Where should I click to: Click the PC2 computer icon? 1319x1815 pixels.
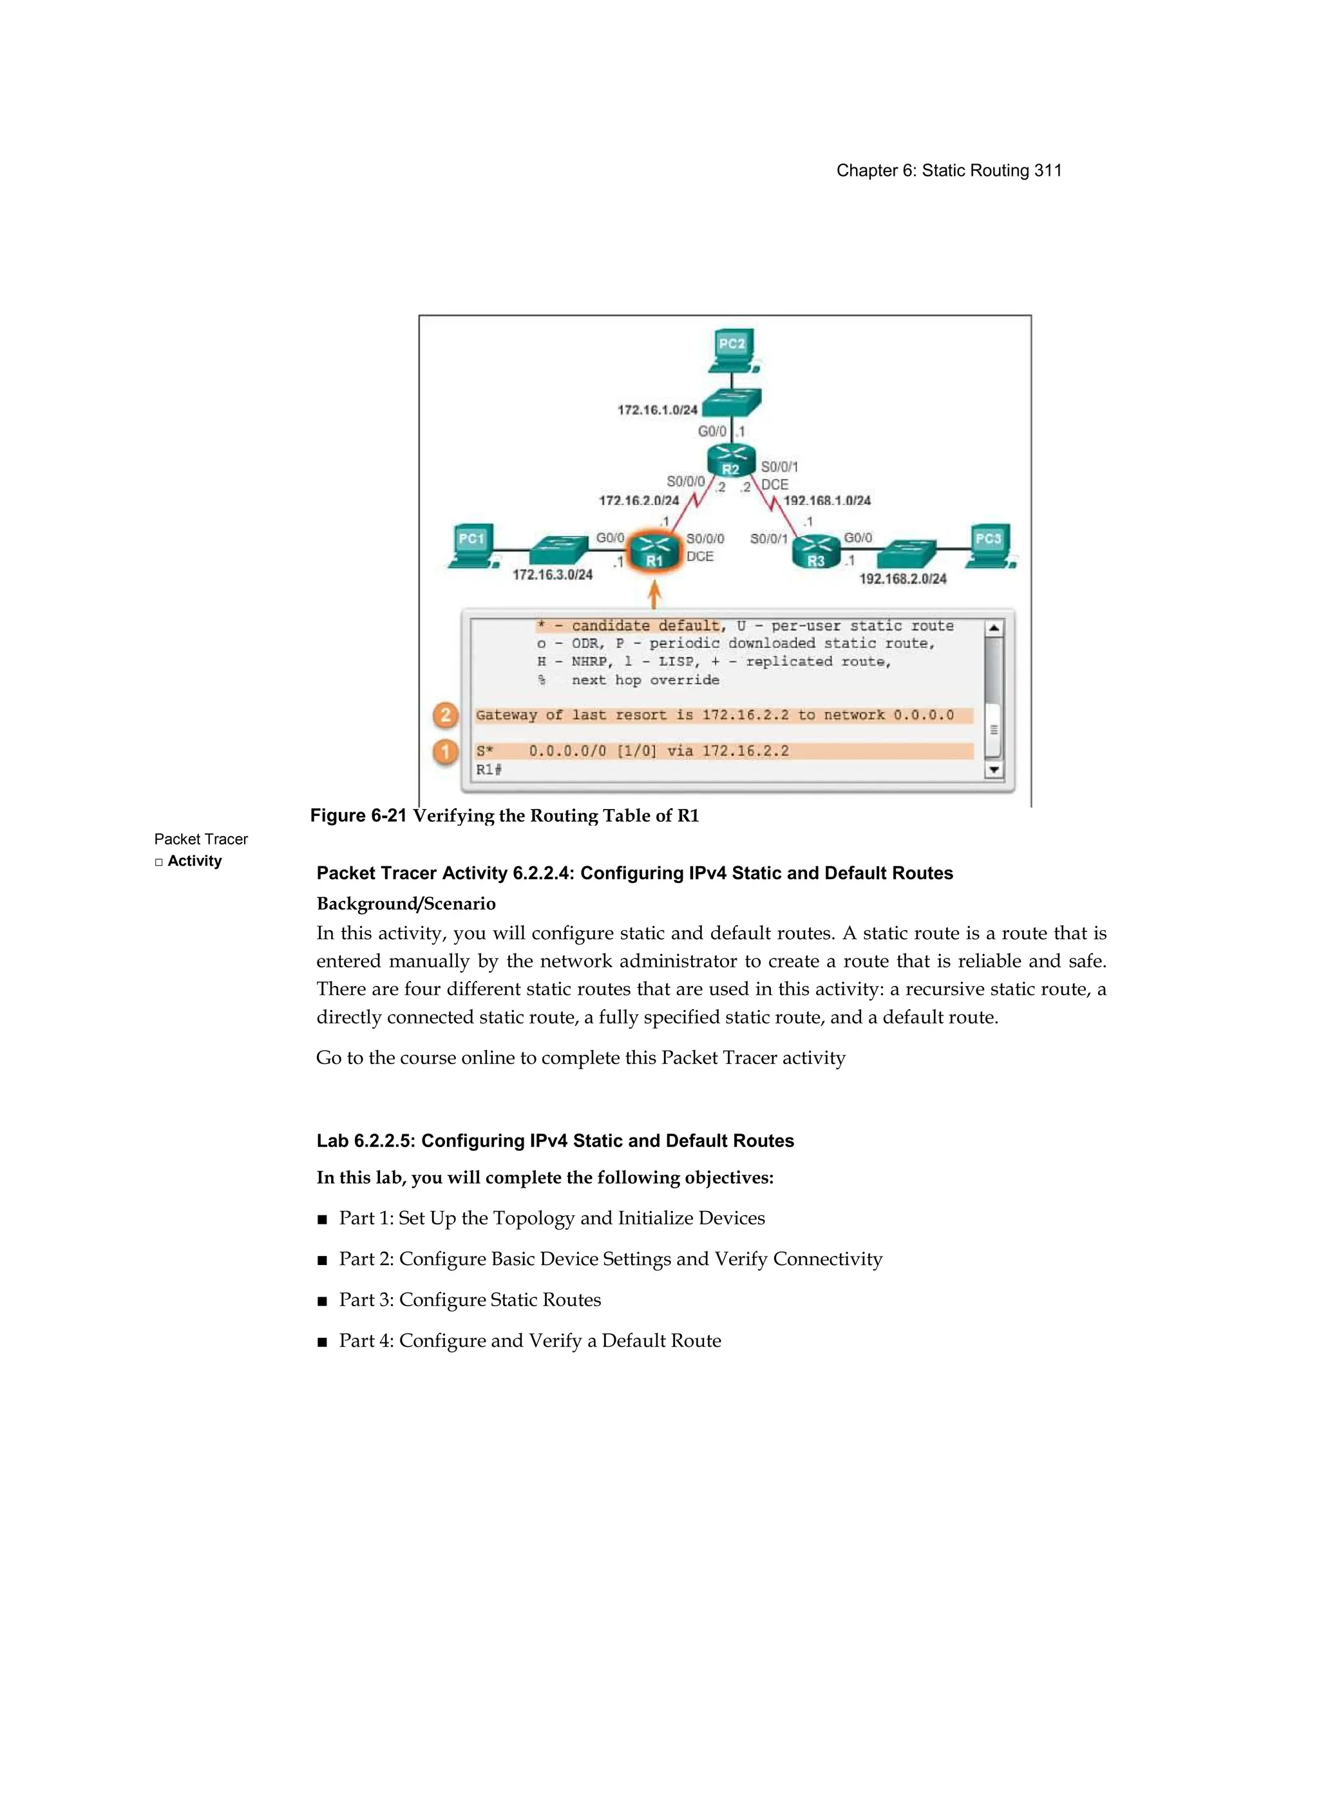[x=732, y=350]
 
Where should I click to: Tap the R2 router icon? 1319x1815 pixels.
[x=731, y=460]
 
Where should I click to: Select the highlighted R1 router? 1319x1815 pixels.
[x=654, y=551]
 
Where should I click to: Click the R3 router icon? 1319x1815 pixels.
[x=815, y=551]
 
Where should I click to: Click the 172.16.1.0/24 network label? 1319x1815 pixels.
[x=657, y=410]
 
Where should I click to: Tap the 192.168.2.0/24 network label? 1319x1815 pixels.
[x=902, y=578]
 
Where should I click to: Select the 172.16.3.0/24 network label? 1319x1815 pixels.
[x=552, y=575]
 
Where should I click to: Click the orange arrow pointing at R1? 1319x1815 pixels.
[x=654, y=594]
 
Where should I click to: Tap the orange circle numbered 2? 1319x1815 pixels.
[x=446, y=715]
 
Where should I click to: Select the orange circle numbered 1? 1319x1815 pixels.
[x=446, y=752]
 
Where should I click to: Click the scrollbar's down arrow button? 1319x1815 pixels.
[x=993, y=770]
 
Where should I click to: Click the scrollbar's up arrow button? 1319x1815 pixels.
[x=993, y=628]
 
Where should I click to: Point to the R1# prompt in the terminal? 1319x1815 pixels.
[x=489, y=770]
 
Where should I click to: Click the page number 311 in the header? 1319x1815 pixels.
[x=1048, y=171]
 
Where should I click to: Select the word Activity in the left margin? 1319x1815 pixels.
[x=195, y=861]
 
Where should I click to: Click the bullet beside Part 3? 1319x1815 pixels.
[x=323, y=1301]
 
